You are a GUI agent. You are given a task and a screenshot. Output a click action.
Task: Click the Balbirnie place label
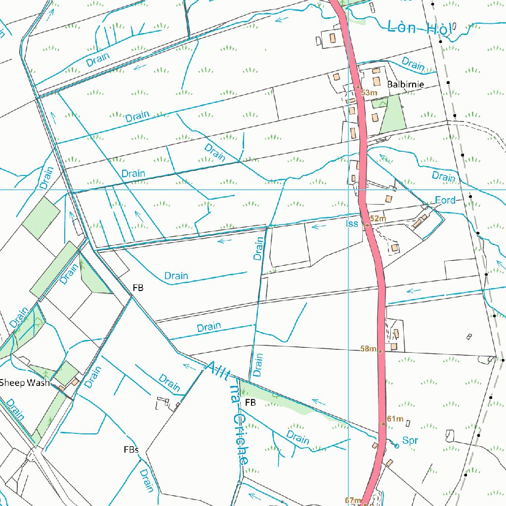(x=405, y=84)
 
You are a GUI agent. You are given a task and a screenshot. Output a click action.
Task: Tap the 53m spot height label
(x=369, y=93)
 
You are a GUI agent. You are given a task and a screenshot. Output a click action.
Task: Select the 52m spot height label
(x=378, y=218)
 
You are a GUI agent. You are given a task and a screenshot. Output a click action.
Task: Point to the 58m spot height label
(x=368, y=349)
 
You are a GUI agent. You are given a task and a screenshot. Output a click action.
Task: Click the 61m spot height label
(x=395, y=419)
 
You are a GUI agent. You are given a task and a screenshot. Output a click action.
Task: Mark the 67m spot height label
(x=353, y=500)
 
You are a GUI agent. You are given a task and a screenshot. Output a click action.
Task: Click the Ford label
(x=445, y=200)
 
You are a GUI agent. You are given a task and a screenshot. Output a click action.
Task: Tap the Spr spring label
(x=410, y=440)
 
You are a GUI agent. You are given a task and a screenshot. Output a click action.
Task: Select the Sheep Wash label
(x=24, y=382)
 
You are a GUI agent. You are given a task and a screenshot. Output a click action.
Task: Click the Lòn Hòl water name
(x=420, y=28)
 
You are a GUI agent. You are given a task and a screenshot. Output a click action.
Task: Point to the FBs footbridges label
(x=131, y=450)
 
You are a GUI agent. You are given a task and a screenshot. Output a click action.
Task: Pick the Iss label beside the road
(x=352, y=224)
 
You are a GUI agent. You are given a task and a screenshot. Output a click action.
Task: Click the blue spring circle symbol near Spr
(x=397, y=446)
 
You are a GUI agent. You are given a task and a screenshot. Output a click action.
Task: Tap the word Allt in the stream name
(x=217, y=373)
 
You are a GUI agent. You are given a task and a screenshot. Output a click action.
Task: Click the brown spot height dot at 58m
(x=380, y=351)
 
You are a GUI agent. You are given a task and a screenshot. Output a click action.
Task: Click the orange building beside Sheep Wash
(x=74, y=382)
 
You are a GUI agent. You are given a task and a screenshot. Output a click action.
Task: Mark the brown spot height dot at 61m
(x=383, y=424)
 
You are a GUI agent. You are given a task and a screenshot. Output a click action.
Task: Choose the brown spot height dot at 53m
(x=358, y=87)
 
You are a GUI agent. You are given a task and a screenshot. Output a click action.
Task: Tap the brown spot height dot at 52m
(x=367, y=225)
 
